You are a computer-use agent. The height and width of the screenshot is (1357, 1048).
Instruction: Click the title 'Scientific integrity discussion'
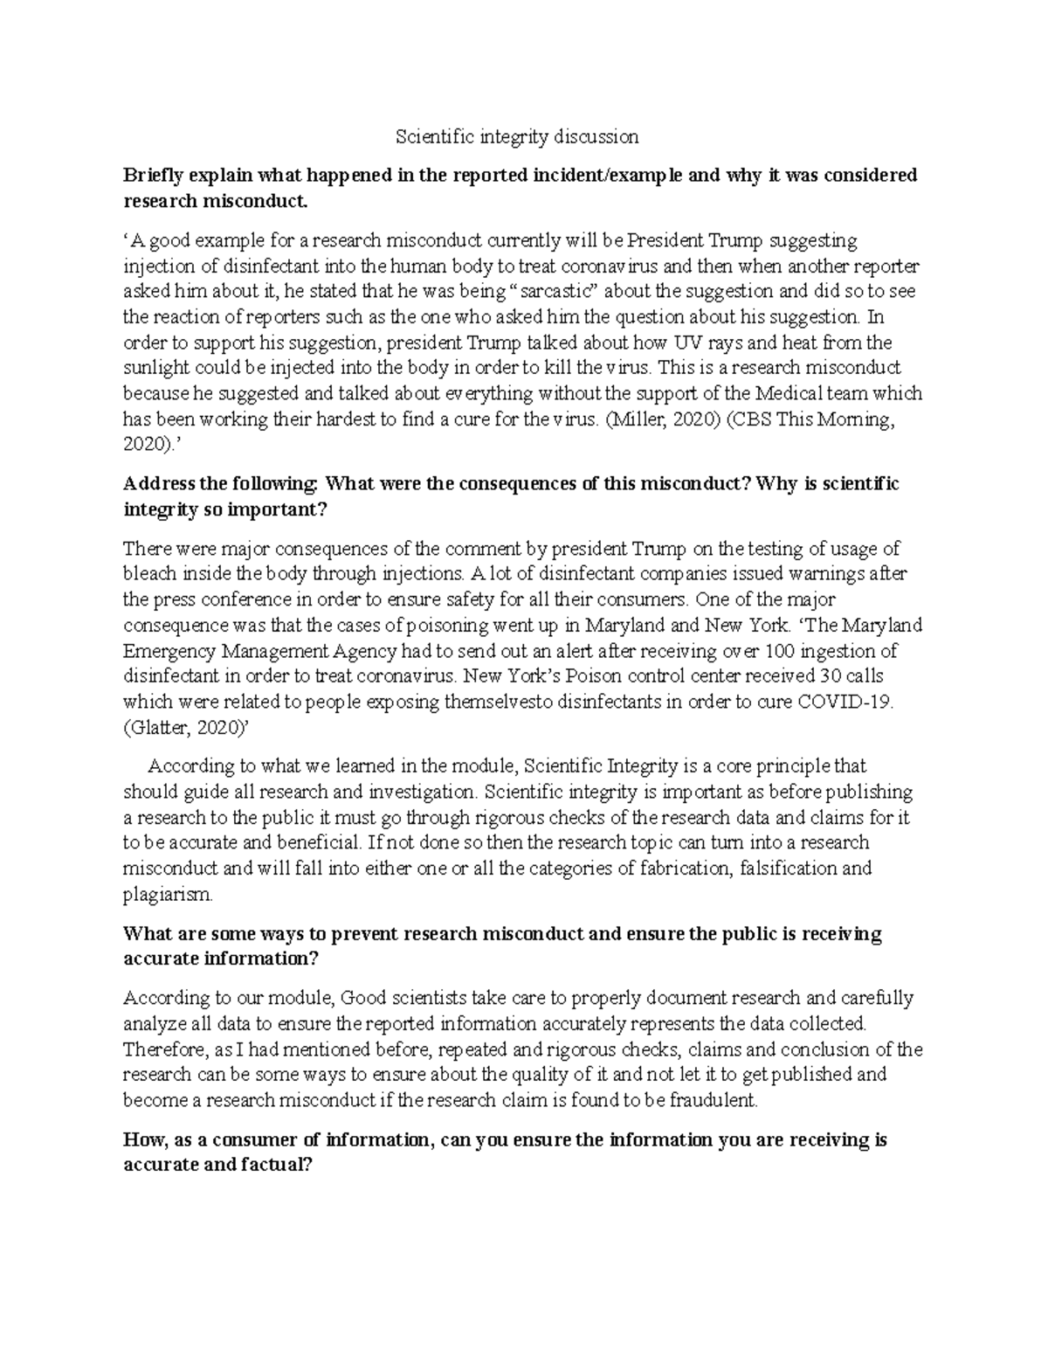(517, 136)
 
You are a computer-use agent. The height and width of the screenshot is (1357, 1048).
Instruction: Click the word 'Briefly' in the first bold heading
(155, 176)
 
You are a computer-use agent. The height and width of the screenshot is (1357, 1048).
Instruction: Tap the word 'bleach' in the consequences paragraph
(147, 574)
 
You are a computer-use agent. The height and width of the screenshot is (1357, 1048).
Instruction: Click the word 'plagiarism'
(167, 894)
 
